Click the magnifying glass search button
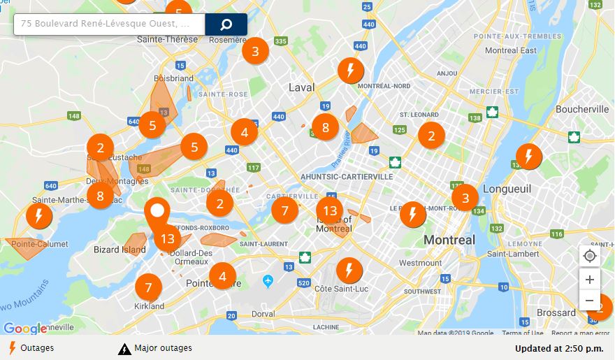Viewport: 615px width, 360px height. pyautogui.click(x=226, y=24)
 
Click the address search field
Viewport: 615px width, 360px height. pyautogui.click(x=109, y=24)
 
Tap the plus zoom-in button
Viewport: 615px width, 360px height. pyautogui.click(x=590, y=280)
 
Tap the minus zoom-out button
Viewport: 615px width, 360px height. pyautogui.click(x=590, y=301)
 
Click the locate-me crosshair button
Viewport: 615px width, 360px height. pyautogui.click(x=590, y=256)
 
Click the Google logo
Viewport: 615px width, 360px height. pyautogui.click(x=24, y=328)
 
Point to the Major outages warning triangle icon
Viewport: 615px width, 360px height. pyautogui.click(x=124, y=348)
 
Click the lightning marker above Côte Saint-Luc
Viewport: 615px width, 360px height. pyautogui.click(x=349, y=270)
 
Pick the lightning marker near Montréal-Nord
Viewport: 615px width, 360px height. pyautogui.click(x=350, y=71)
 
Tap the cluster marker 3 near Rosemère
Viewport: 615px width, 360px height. pyautogui.click(x=255, y=51)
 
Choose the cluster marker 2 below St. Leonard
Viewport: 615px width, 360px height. pyautogui.click(x=431, y=136)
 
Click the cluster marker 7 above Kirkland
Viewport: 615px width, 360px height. pyautogui.click(x=148, y=287)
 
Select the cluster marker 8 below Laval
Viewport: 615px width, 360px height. pyautogui.click(x=325, y=127)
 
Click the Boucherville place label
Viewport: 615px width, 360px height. pyautogui.click(x=582, y=109)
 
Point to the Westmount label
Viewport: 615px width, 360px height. pyautogui.click(x=420, y=263)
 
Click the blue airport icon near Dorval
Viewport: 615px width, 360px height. pyautogui.click(x=268, y=280)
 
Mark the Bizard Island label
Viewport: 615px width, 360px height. pyautogui.click(x=120, y=250)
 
